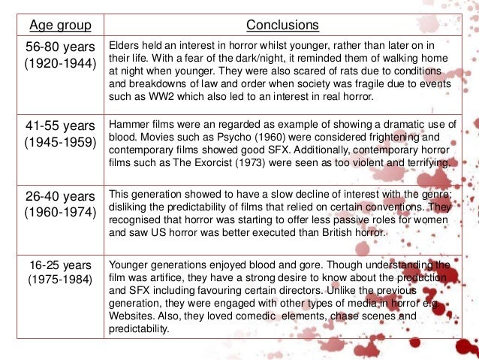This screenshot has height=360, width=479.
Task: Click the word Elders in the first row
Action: [125, 44]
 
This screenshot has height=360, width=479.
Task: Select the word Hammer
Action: [128, 123]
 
